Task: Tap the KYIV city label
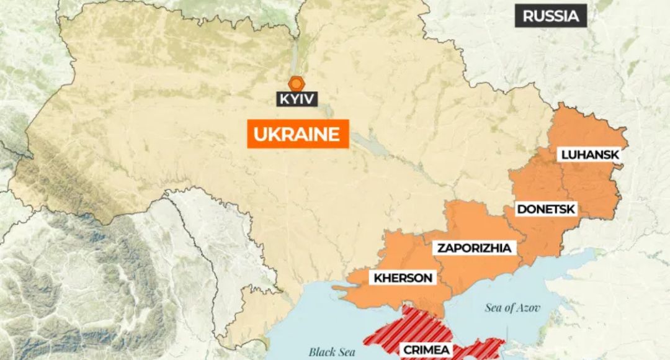tap(298, 99)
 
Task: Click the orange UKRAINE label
tap(297, 135)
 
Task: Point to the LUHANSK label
tap(590, 155)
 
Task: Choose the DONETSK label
tap(547, 209)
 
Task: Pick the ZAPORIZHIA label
tap(475, 248)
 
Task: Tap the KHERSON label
tap(403, 278)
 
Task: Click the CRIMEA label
tap(427, 350)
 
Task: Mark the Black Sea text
tap(332, 352)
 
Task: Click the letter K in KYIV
tap(283, 99)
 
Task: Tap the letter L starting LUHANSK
tap(565, 155)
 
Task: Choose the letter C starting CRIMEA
tap(407, 350)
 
